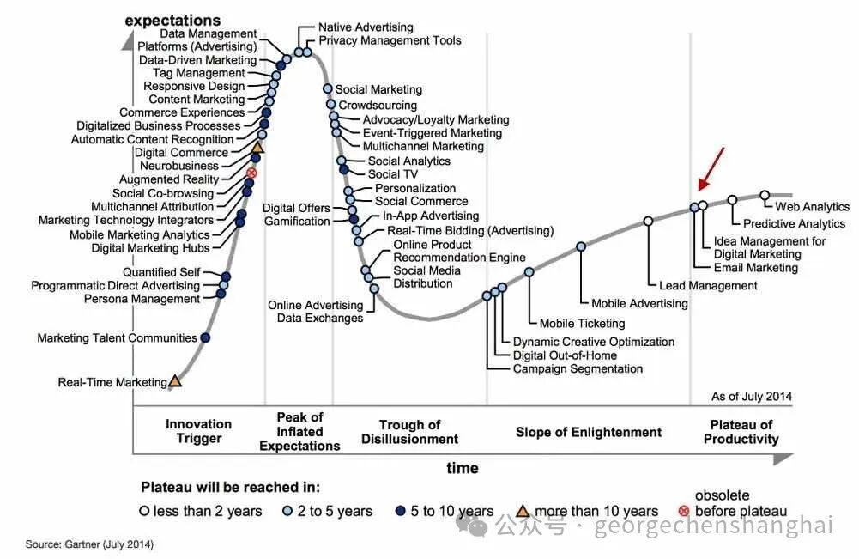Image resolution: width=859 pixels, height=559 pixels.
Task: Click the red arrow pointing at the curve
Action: coord(711,169)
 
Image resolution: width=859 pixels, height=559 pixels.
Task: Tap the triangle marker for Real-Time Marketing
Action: coord(174,381)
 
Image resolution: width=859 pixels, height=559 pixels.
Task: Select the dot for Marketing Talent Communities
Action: coord(205,337)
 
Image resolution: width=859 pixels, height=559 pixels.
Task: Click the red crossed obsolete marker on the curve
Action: coord(251,173)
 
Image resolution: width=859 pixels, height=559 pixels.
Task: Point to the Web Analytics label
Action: coord(812,207)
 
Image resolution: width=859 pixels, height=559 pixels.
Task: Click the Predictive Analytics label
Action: coord(794,223)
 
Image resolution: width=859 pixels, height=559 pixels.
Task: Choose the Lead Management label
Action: coord(708,286)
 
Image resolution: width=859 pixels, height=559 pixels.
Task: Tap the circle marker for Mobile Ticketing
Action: coord(529,272)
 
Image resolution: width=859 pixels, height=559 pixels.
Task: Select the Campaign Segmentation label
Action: coord(578,369)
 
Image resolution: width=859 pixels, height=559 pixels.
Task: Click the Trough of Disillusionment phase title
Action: coord(410,432)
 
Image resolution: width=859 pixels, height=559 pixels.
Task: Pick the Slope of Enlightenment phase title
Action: coord(589,433)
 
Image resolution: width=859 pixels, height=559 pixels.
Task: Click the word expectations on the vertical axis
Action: coord(172,21)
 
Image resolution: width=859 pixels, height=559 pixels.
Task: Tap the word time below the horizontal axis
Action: coord(463,468)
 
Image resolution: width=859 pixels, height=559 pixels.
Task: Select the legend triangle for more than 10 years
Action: coord(523,511)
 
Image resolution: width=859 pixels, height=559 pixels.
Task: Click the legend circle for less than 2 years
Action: coord(144,511)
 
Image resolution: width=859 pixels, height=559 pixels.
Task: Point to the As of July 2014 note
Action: coord(752,396)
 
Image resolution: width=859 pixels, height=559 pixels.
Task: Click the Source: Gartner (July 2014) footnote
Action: coord(89,544)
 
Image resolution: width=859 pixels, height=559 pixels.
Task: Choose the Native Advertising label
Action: coord(366,27)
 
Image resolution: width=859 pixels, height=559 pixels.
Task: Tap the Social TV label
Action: coord(392,174)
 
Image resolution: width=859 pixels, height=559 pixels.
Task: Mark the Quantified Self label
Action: coord(161,272)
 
